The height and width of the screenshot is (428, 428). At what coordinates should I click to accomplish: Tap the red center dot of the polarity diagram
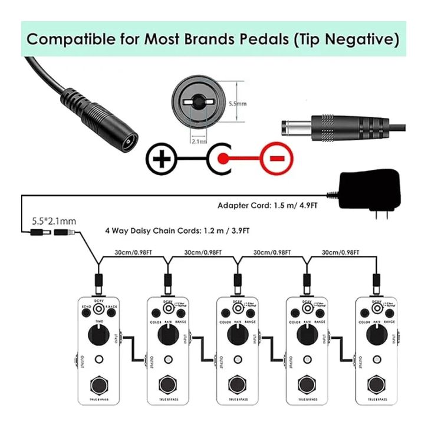click(x=223, y=159)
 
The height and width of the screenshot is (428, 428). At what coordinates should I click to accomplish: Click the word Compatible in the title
click(x=74, y=39)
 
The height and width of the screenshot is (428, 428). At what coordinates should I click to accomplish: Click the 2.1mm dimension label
click(x=199, y=141)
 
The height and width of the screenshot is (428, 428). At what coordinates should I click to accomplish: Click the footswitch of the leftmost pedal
click(x=100, y=388)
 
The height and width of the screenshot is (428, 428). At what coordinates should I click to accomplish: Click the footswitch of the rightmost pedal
click(x=376, y=388)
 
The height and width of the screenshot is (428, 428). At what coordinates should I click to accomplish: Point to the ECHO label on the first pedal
click(x=86, y=307)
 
